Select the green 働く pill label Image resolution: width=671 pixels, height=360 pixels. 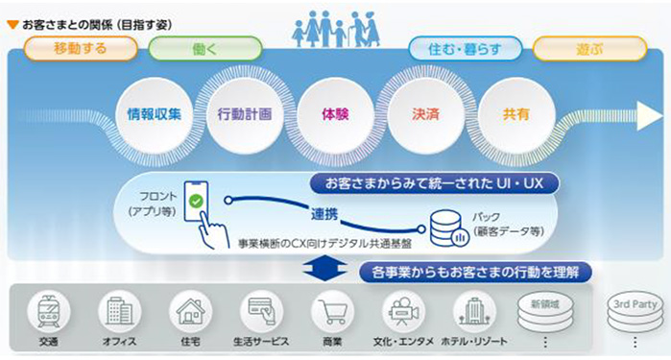pos(204,47)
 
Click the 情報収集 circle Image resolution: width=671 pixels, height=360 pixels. pos(155,113)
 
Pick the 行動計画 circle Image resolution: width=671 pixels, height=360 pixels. pos(245,113)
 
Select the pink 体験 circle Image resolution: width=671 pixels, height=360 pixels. pos(335,113)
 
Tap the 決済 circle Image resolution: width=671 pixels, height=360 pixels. pos(425,113)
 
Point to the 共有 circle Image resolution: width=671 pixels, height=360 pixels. pos(515,113)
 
